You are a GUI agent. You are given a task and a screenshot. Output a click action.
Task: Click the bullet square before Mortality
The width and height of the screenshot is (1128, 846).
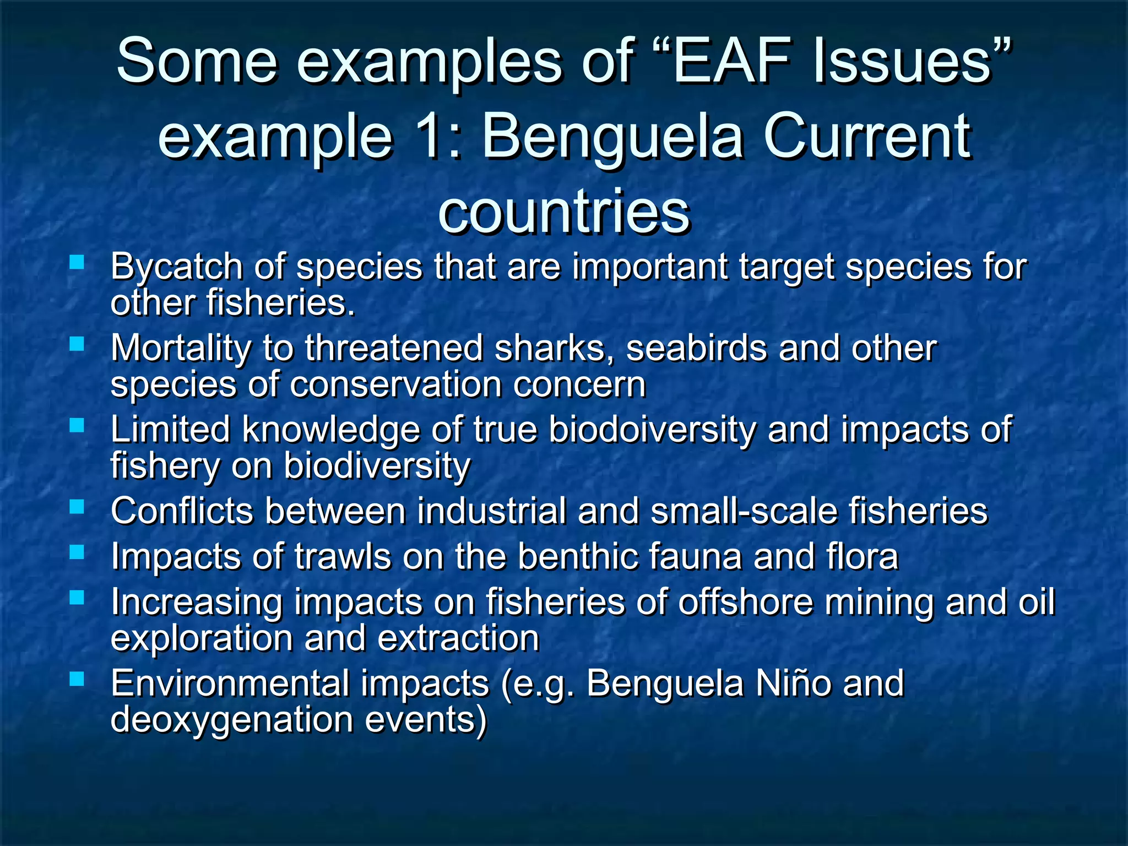[77, 344]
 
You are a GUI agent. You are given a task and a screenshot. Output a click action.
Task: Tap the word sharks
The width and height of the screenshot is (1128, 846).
[554, 349]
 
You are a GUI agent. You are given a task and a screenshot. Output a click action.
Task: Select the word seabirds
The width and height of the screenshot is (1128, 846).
[697, 349]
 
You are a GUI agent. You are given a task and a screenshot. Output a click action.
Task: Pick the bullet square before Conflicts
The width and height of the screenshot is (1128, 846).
[77, 506]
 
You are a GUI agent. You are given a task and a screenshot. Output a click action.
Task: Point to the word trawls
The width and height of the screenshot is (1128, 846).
[343, 556]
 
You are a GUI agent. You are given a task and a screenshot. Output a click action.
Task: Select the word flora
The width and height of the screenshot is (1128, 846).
[862, 556]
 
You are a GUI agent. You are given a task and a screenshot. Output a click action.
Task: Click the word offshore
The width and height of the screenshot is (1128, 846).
[745, 601]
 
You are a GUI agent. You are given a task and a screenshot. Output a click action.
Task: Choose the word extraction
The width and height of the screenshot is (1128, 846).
[458, 638]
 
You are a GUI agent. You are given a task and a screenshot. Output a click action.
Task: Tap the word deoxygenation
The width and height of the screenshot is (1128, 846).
[232, 720]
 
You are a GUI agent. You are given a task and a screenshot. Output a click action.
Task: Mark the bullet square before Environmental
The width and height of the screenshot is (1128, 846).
[77, 679]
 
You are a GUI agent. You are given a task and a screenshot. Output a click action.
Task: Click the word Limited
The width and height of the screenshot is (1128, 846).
[170, 430]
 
